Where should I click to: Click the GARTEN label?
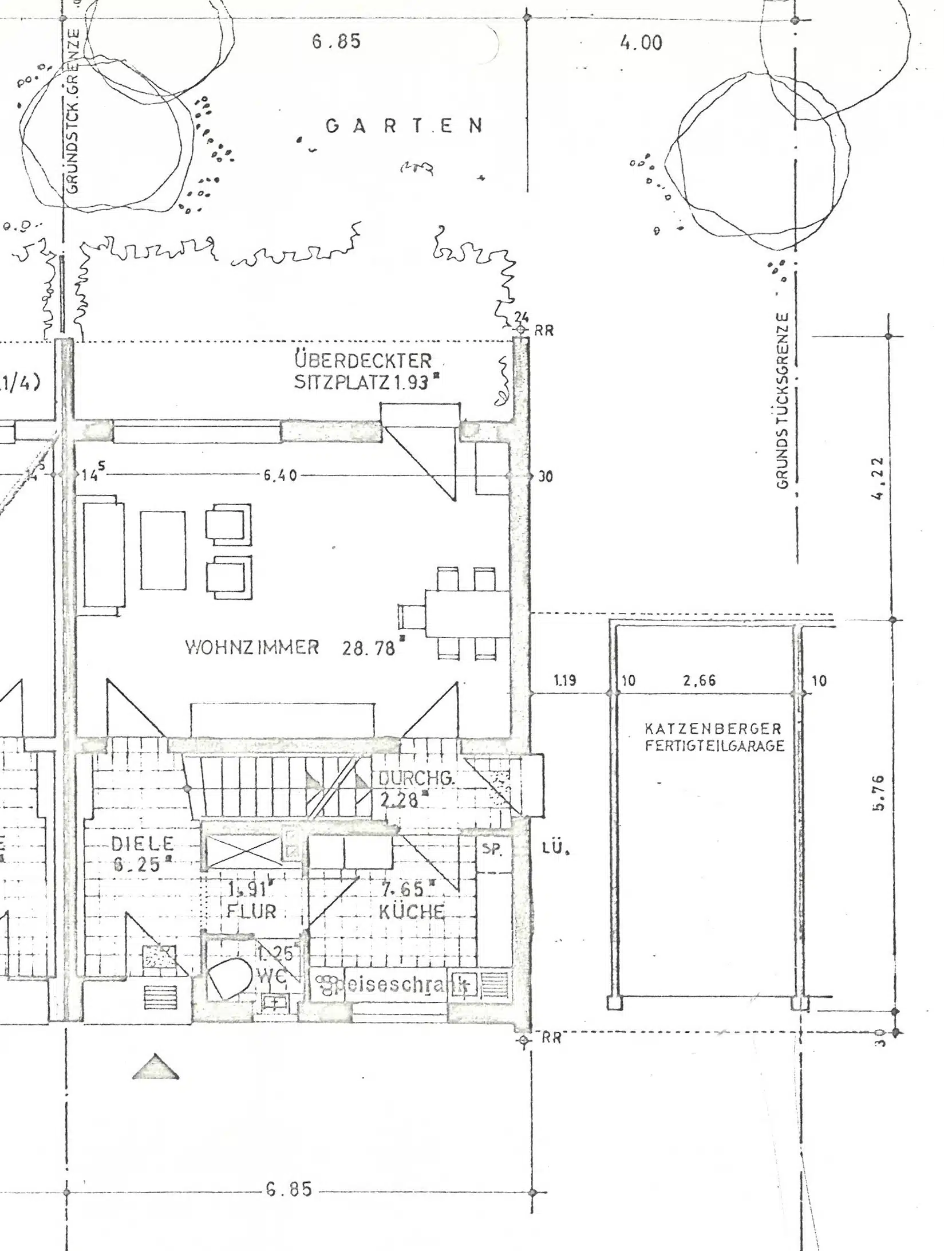404,125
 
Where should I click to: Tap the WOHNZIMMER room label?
252,647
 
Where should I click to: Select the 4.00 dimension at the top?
641,42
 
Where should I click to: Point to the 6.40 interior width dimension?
280,475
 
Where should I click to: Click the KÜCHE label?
412,911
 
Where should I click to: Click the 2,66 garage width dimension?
700,680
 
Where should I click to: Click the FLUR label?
251,911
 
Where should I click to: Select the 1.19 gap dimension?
565,680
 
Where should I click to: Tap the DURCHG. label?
416,778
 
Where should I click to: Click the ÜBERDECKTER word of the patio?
364,361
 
